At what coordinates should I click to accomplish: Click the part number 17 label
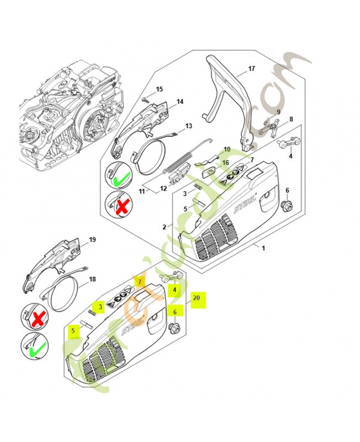251,69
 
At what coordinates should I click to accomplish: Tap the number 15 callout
159,89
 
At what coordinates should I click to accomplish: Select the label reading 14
180,102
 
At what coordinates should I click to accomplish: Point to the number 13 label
189,126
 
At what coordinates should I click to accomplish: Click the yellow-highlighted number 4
175,289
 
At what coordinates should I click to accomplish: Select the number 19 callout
92,239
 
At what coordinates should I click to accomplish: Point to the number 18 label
92,280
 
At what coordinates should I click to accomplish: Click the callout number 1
263,248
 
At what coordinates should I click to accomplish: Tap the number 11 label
142,191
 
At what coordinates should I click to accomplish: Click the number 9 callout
279,112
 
